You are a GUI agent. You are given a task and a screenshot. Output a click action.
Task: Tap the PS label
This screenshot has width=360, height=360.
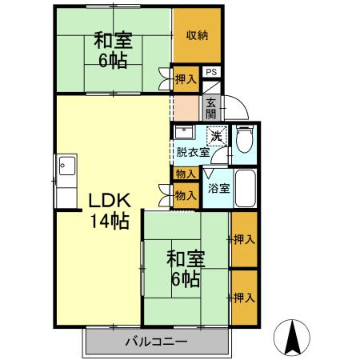point(210,72)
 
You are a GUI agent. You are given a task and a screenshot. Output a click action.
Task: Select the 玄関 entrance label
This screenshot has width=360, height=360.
point(210,106)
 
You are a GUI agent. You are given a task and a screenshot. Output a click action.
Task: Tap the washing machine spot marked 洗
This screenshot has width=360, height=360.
point(216,136)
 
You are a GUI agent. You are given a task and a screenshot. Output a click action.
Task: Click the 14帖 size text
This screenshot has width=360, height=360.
point(109,221)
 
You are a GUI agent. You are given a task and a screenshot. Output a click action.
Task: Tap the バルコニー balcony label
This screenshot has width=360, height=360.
point(156,342)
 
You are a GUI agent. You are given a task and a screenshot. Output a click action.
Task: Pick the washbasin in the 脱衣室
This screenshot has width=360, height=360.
point(183,132)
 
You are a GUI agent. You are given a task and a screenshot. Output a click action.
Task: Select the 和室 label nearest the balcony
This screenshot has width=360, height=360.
point(186,259)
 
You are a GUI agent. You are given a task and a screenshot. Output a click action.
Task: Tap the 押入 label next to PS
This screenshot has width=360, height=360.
point(186,80)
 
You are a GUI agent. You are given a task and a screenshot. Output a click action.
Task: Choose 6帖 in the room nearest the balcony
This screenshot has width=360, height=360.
point(186,280)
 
